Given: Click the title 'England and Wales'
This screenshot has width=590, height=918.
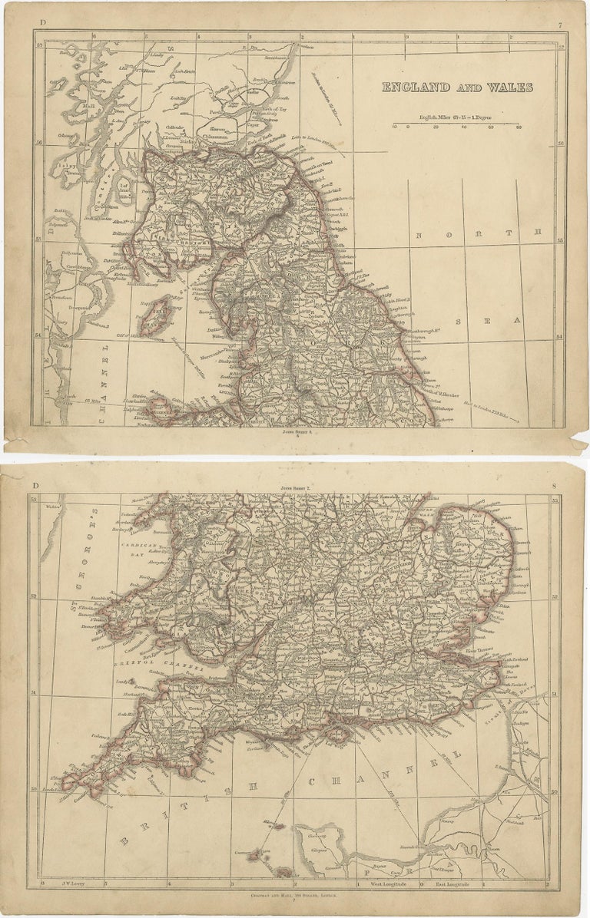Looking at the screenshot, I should pyautogui.click(x=457, y=88).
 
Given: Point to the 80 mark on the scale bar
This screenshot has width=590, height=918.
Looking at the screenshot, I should pyautogui.click(x=519, y=127).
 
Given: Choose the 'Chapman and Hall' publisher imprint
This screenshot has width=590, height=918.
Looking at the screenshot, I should pyautogui.click(x=295, y=894).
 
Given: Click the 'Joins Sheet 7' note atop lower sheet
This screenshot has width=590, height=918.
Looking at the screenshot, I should pyautogui.click(x=295, y=487).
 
